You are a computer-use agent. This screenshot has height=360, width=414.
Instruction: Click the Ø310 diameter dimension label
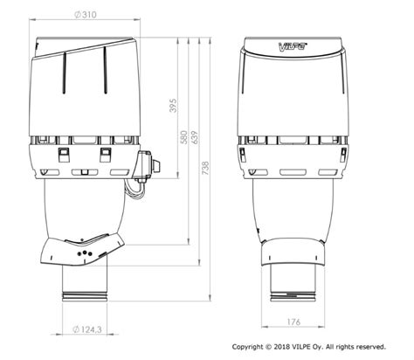(85, 15)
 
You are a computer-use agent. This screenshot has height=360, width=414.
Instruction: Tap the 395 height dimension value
(173, 106)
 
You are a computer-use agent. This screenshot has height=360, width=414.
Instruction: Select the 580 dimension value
(183, 137)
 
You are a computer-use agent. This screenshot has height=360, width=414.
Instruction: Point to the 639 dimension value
(194, 137)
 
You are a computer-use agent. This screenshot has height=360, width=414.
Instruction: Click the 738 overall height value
(205, 168)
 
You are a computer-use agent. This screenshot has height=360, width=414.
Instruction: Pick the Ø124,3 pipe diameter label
(86, 329)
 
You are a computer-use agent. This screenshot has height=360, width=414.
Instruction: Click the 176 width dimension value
(293, 322)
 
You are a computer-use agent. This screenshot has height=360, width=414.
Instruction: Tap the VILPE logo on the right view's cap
(290, 46)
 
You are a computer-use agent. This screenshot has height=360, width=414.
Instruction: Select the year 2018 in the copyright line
(282, 347)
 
